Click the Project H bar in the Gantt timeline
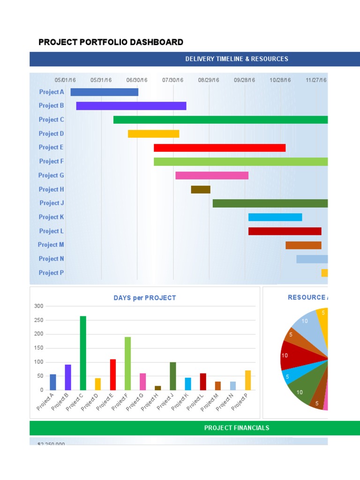pos(201,189)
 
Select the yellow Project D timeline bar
pos(153,134)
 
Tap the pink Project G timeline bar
pos(212,175)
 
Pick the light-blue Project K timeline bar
pos(275,217)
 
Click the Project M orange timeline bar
pos(303,245)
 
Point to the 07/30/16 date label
pos(172,80)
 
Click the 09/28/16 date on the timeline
pos(244,80)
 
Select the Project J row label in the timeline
pos(52,203)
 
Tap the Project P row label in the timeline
pos(51,273)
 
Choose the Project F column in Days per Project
pos(127,363)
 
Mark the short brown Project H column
pos(157,388)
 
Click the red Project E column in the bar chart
pos(113,375)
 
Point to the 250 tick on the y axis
pos(38,320)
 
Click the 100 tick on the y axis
pos(38,362)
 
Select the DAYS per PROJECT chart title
pos(145,298)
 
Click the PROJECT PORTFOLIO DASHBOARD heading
pos(111,43)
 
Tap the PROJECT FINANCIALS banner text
pos(237,428)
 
